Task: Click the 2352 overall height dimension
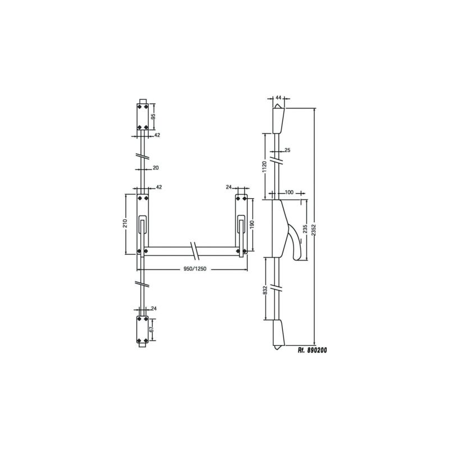[x=314, y=226]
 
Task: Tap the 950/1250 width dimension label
[x=195, y=269]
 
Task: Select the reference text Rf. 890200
[x=312, y=350]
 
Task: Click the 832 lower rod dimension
[x=265, y=290]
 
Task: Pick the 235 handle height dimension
[x=305, y=230]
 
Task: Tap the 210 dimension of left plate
[x=125, y=223]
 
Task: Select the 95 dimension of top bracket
[x=153, y=117]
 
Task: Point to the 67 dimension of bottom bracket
[x=152, y=329]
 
